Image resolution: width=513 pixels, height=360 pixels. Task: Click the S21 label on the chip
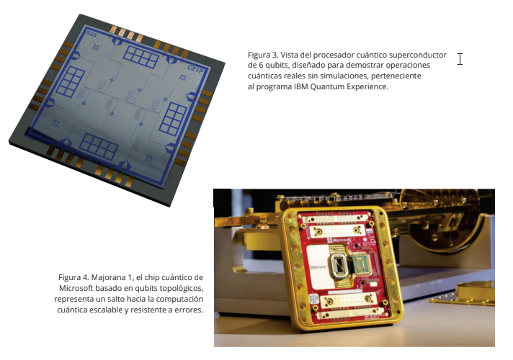[x=92, y=33]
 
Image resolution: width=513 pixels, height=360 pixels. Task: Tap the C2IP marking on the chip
[x=195, y=69]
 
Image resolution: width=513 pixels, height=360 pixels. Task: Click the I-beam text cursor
[x=460, y=59]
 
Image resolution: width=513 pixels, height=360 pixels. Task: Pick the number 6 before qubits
[x=261, y=65]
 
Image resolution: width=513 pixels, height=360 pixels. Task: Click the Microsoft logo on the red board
[x=338, y=240]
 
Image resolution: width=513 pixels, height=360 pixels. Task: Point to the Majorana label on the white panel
[x=317, y=267]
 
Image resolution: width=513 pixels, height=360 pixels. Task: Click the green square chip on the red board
[x=361, y=265]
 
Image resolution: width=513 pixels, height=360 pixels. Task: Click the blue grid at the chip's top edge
[x=141, y=57]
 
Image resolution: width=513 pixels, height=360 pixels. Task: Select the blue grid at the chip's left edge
[x=71, y=82]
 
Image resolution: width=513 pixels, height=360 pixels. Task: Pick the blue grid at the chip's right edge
[x=173, y=118]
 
